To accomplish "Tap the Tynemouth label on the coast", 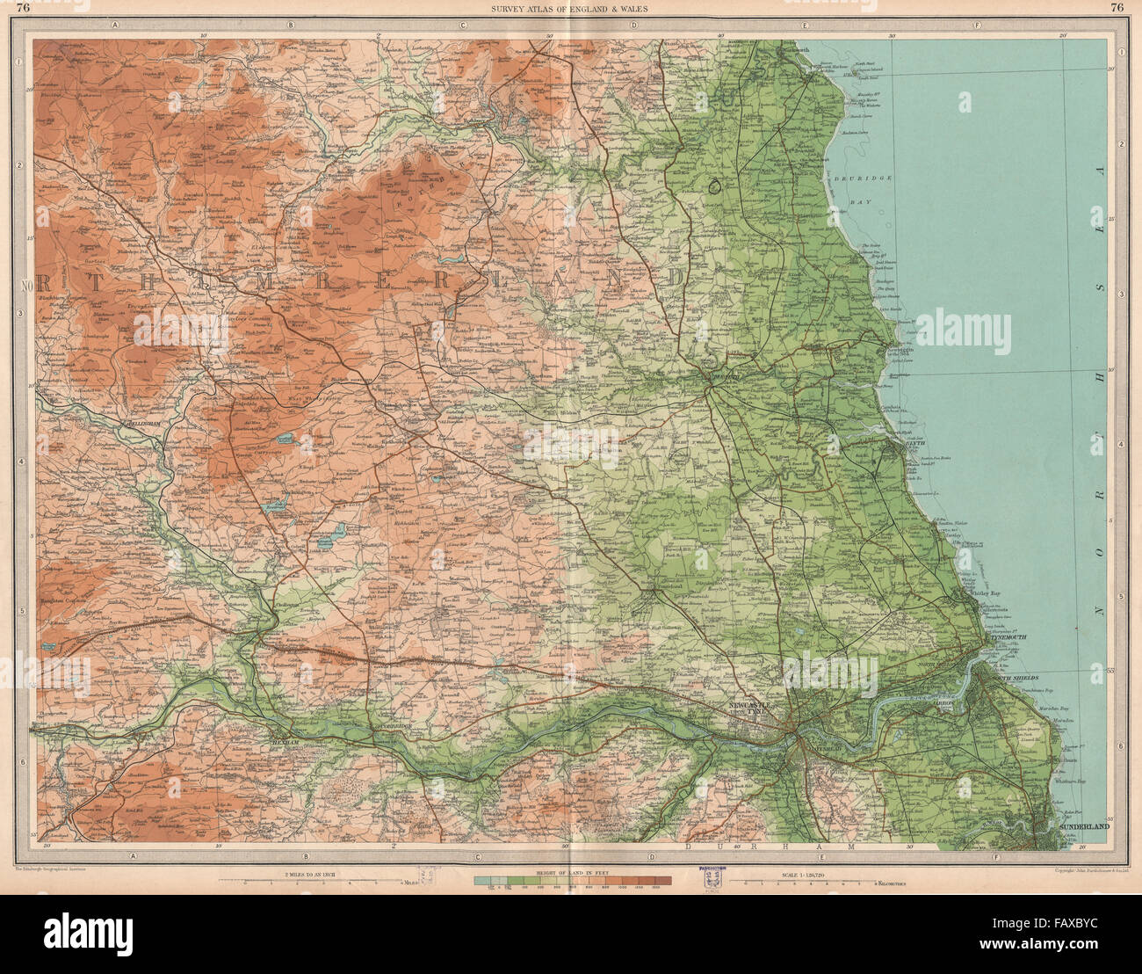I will pyautogui.click(x=1007, y=638).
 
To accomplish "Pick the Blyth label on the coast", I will pyautogui.click(x=916, y=444).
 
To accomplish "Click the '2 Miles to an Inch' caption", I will pyautogui.click(x=314, y=873).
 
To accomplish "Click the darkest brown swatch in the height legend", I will pyautogui.click(x=664, y=881).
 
